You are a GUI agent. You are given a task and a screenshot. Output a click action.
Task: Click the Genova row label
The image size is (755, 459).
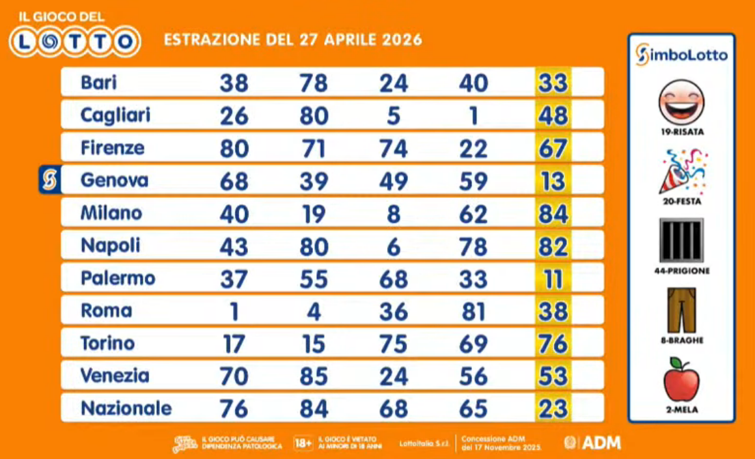(x=114, y=180)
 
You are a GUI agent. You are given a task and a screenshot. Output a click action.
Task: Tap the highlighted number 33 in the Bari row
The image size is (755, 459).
(x=553, y=83)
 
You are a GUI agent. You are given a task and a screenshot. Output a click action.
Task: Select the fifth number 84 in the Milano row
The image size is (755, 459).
(x=553, y=214)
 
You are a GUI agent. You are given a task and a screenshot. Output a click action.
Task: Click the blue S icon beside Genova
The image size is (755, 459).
(x=49, y=180)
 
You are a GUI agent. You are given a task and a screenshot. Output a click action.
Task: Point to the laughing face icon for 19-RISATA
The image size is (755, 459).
(x=681, y=102)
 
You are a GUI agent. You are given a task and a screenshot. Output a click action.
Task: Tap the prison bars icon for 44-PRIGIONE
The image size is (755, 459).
(x=681, y=240)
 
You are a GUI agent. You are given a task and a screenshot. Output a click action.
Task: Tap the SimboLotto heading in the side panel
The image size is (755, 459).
(x=681, y=55)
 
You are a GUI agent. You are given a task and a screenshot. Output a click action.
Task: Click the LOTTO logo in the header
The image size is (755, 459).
(x=75, y=42)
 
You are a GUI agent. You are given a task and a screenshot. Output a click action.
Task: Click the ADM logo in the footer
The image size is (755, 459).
(x=592, y=443)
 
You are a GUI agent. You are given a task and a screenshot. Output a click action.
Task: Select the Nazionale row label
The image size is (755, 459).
(x=126, y=408)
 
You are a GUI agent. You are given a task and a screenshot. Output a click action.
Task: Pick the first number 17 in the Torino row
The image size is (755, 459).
(x=234, y=344)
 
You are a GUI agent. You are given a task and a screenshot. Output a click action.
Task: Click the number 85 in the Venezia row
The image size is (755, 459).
(x=314, y=376)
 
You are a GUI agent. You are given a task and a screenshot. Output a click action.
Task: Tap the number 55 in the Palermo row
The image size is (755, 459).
(x=314, y=279)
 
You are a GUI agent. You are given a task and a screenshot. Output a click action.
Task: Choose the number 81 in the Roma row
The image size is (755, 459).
(x=473, y=311)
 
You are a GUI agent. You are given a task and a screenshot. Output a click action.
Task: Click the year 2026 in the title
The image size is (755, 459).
(x=396, y=40)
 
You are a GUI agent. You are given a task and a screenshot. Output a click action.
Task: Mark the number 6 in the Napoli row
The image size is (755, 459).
(x=393, y=246)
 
